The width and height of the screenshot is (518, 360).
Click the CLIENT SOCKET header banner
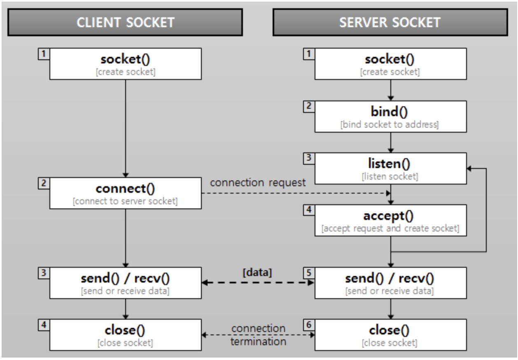125,22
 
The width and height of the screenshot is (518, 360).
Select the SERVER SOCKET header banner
390,22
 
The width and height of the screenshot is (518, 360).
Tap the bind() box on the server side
391,117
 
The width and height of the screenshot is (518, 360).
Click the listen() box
391,168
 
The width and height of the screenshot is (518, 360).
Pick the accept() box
391,220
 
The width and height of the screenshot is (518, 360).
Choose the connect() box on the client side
126,193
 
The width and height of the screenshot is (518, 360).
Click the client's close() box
126,335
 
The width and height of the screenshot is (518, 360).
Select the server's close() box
391,335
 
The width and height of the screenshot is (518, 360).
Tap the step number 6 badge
309,325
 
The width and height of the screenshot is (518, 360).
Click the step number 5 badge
309,273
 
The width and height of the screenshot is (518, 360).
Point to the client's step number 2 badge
44,183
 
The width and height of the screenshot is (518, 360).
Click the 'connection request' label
258,183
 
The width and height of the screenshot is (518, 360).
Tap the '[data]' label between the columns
257,273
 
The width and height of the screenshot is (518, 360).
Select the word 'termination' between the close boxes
258,341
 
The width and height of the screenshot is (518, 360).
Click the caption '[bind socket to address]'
390,125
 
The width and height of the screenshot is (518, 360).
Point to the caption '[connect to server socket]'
125,201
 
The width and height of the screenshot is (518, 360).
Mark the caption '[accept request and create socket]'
390,228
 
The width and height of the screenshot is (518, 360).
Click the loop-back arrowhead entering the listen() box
469,168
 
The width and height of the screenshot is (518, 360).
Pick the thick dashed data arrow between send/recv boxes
258,283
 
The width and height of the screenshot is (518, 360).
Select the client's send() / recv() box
126,283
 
